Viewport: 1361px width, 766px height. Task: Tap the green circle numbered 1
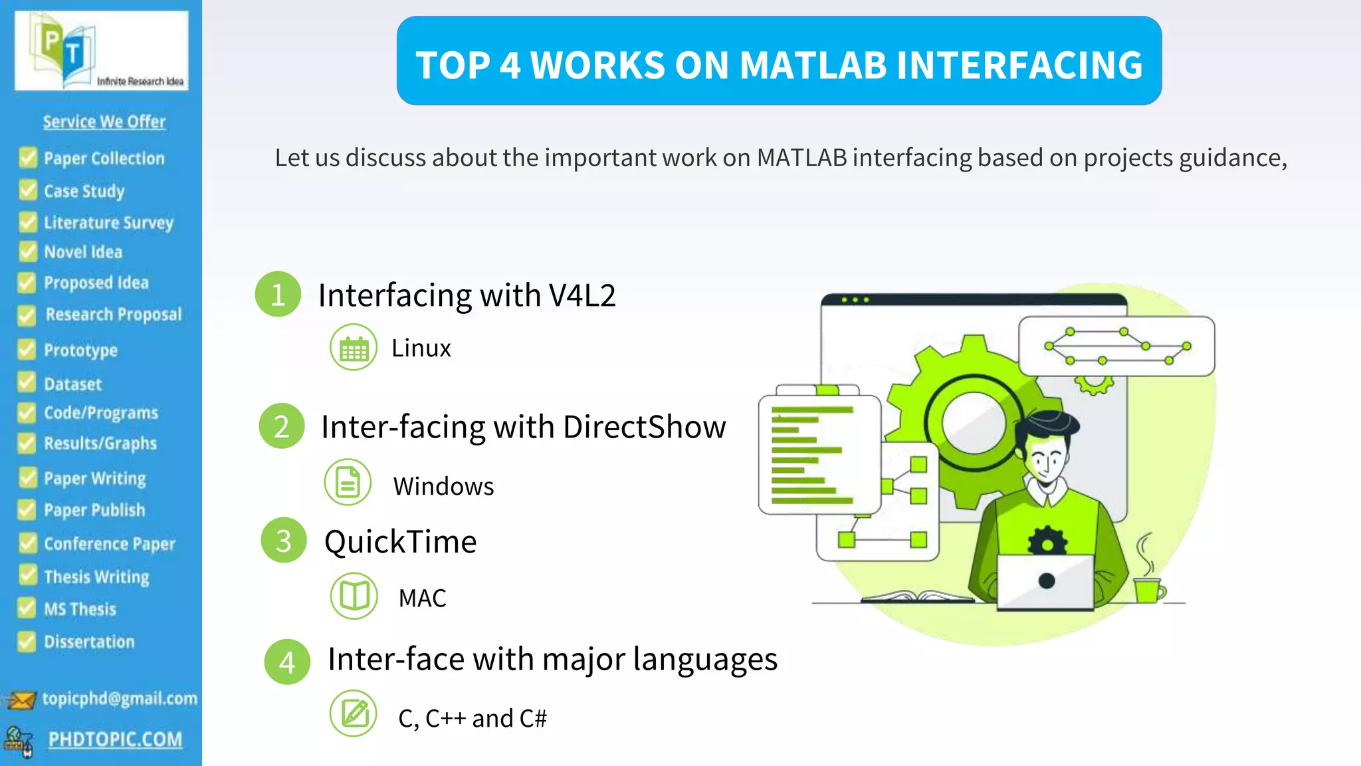[278, 295]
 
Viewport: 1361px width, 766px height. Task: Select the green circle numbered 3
[284, 541]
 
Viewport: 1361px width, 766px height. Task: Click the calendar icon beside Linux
[354, 348]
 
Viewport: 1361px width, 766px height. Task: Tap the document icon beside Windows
[348, 482]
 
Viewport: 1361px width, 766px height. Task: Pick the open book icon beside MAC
[354, 596]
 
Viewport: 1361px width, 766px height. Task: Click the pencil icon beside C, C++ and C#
[354, 713]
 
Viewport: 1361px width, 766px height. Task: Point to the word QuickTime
[400, 542]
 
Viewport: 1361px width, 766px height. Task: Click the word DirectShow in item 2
[644, 427]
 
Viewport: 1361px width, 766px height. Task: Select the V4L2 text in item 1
[582, 295]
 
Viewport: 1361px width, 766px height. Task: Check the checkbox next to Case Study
[28, 191]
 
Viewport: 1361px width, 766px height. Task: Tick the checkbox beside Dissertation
[27, 642]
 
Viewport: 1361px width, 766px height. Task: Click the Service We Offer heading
[104, 122]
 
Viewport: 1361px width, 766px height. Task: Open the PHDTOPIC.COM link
[115, 739]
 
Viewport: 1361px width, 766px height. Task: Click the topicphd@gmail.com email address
[120, 698]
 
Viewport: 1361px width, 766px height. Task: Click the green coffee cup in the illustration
[1148, 589]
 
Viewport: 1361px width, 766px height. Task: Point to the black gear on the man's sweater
[1047, 542]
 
